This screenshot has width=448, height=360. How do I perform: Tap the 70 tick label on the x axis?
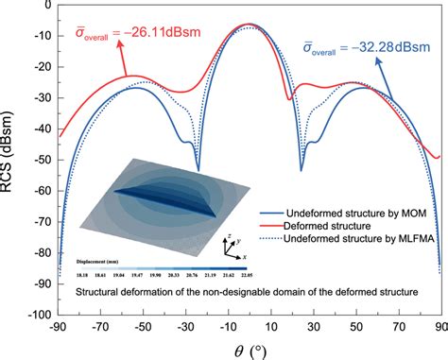[399, 330]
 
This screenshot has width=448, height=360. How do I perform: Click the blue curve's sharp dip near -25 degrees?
[198, 168]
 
